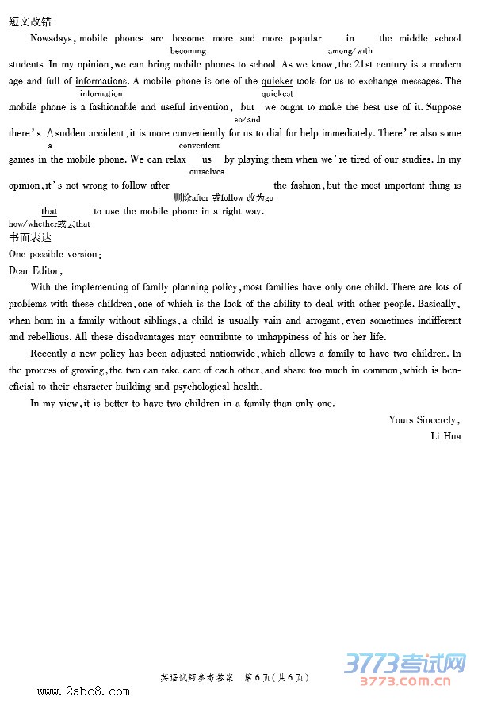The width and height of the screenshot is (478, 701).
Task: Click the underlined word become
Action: tap(188, 38)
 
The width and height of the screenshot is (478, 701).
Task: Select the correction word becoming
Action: tap(188, 51)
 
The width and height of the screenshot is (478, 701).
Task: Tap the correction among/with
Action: tap(350, 51)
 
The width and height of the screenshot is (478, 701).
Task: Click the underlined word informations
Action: tap(101, 81)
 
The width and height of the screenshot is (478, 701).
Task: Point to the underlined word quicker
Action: tap(277, 81)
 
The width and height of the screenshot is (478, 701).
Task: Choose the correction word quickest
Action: tap(277, 94)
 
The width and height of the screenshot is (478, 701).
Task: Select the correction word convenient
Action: tap(199, 146)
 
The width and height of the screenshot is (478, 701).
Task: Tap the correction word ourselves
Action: tap(207, 171)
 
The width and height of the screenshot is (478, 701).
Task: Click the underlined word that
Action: tap(49, 211)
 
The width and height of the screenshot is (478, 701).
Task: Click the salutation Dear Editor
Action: tap(35, 270)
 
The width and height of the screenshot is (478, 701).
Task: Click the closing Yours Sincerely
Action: tap(424, 419)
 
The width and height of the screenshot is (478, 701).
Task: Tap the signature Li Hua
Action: tap(445, 436)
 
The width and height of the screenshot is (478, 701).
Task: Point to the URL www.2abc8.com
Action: tap(83, 691)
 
